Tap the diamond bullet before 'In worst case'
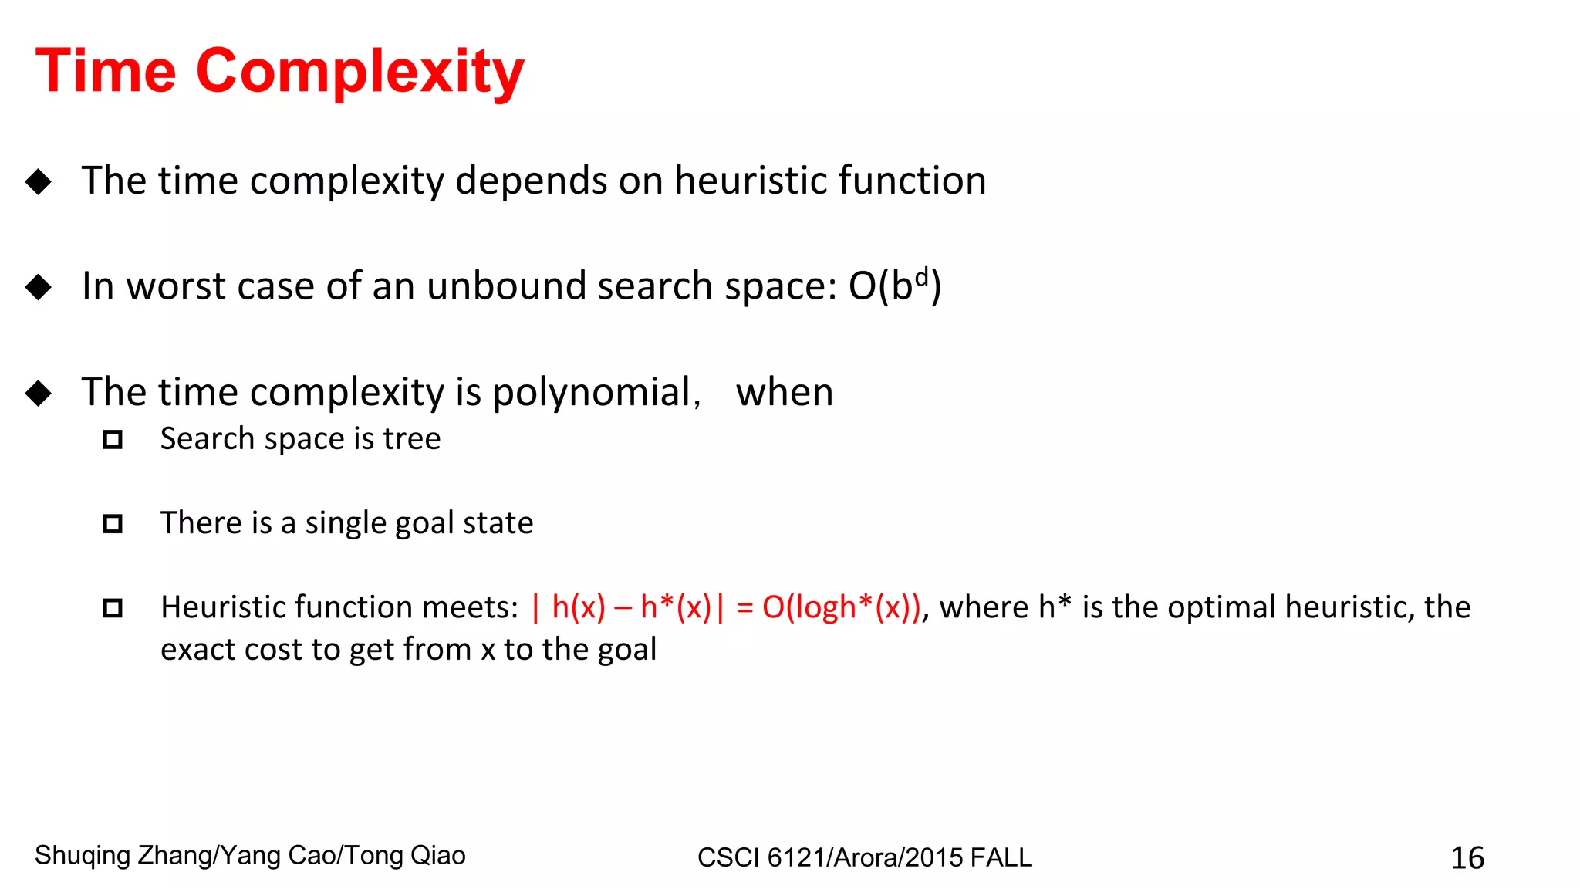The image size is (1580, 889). (38, 287)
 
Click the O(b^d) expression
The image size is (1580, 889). (894, 286)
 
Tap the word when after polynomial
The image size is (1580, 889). (784, 392)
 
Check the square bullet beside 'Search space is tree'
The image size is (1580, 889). (113, 440)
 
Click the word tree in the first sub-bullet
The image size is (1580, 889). (412, 438)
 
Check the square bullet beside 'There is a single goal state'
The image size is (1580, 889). (113, 524)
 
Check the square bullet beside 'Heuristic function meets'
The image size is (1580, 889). (113, 608)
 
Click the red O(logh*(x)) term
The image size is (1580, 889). (842, 607)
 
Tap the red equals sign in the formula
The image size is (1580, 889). (744, 607)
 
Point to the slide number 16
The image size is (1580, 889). (1467, 857)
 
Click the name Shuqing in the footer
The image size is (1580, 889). (83, 855)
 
